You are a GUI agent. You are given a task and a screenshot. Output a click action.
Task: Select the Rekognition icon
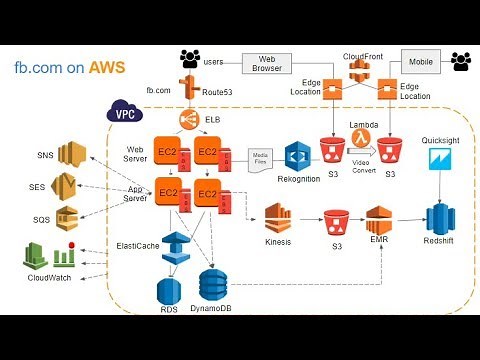pyautogui.click(x=298, y=156)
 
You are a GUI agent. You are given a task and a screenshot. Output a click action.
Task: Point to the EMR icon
pyautogui.click(x=377, y=218)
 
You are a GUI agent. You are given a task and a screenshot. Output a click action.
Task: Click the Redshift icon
pyautogui.click(x=439, y=216)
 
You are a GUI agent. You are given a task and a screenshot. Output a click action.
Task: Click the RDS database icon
pyautogui.click(x=167, y=290)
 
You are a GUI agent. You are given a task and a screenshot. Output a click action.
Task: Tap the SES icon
pyautogui.click(x=66, y=185)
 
